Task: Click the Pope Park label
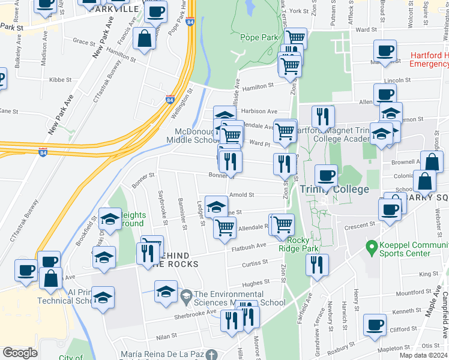[259, 37]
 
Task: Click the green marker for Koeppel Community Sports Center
[372, 246]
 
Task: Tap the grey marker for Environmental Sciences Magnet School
[186, 295]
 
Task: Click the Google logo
[20, 353]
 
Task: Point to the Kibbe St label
[61, 79]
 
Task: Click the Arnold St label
[242, 194]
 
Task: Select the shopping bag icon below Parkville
[145, 39]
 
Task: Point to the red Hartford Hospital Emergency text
[429, 59]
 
